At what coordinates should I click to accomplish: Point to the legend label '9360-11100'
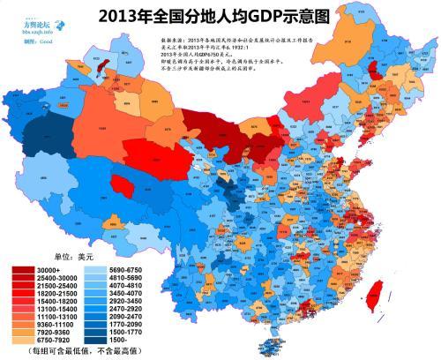coord(57,327)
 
